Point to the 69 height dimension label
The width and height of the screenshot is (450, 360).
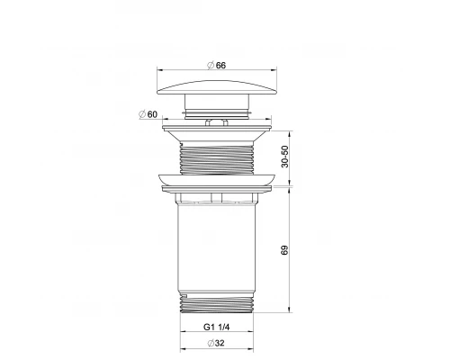tap(284, 252)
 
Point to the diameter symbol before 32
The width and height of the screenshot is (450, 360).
tap(208, 343)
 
